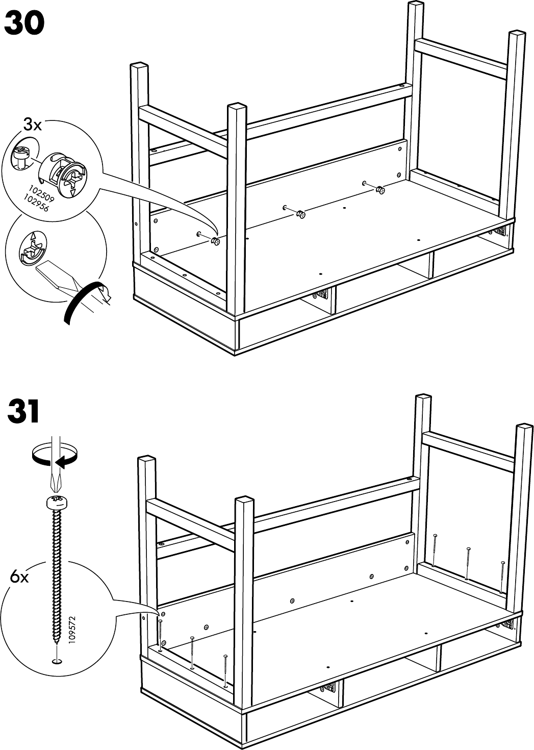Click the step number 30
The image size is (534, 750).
click(x=24, y=24)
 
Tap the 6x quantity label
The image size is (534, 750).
click(x=20, y=578)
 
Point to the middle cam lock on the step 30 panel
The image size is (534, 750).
click(x=301, y=214)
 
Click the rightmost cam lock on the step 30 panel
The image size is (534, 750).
click(x=379, y=190)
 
